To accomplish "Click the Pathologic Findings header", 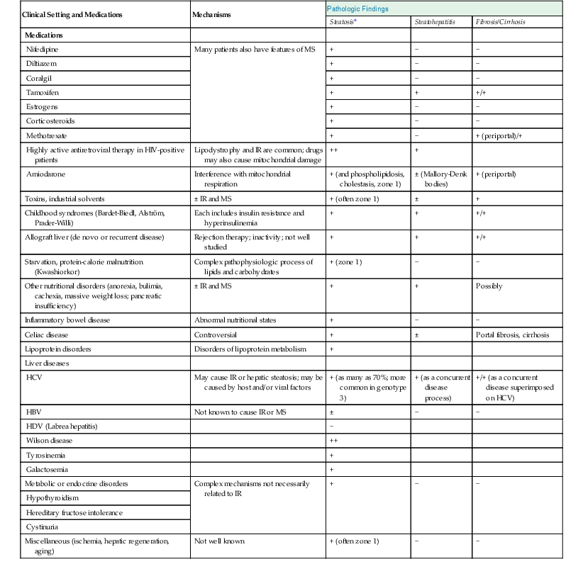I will click(357, 9).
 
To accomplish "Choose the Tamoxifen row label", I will click(44, 93).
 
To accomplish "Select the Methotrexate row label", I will click(48, 135).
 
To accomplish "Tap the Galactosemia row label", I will click(48, 468).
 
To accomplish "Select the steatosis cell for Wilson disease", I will click(333, 440).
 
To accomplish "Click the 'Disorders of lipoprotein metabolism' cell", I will click(252, 349).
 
